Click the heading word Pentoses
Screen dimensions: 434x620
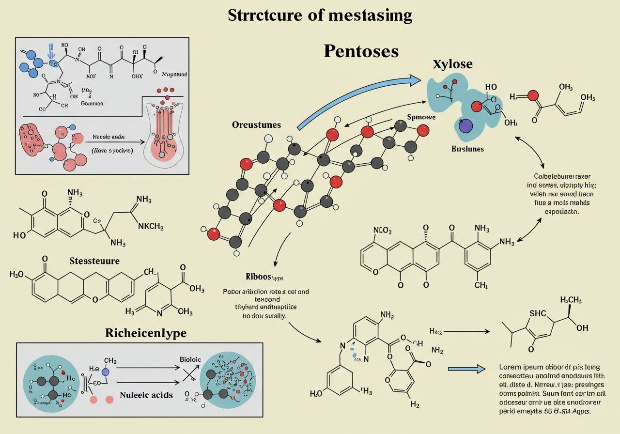tap(361, 51)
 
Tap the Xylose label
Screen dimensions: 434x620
tap(452, 64)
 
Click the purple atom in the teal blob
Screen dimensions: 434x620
tap(465, 126)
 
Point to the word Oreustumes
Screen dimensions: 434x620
tap(256, 125)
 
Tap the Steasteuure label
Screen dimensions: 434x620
tap(94, 261)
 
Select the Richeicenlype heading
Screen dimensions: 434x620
tap(146, 333)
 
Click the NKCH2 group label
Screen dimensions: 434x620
tap(151, 226)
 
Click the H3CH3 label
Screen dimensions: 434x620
tap(571, 300)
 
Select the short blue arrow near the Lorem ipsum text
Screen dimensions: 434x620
tap(466, 369)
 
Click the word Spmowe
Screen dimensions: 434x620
tap(421, 117)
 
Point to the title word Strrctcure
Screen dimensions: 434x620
tap(267, 15)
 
